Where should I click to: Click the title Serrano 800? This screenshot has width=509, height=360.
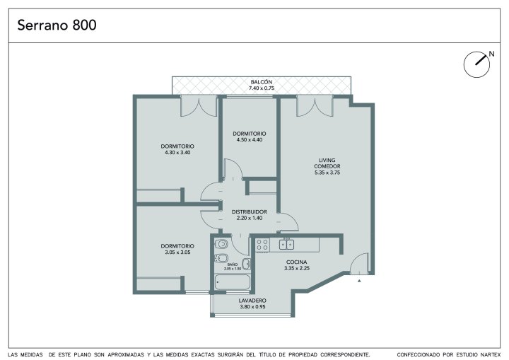pos(57,25)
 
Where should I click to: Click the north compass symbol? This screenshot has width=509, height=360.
pos(476,64)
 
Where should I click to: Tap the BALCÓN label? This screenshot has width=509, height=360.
pos(262,82)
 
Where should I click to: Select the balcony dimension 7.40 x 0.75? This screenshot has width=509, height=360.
pos(262,88)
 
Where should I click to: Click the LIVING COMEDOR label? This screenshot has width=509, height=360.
pos(327,163)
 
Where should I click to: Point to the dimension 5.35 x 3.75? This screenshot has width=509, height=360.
pos(327,173)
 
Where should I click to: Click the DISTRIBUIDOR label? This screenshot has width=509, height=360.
pos(250,212)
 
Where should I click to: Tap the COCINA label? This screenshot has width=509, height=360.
pos(296,262)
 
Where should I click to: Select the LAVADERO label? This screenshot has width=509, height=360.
pos(252,301)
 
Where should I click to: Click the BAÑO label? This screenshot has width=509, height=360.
pos(233,265)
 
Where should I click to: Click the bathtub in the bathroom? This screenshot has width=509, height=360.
pos(233,282)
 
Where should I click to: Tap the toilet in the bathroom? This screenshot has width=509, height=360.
pos(221,244)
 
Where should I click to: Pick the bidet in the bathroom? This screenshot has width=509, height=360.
pos(221,258)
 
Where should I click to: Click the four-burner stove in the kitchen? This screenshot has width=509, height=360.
pos(262,245)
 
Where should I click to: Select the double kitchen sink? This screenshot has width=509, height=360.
pos(286,244)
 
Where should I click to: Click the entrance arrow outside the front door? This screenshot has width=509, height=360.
pos(359,281)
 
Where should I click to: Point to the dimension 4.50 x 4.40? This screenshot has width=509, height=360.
pos(250,140)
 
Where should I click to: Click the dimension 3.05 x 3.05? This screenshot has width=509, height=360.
pos(177,252)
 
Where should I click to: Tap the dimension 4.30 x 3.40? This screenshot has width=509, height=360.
pos(177,152)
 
